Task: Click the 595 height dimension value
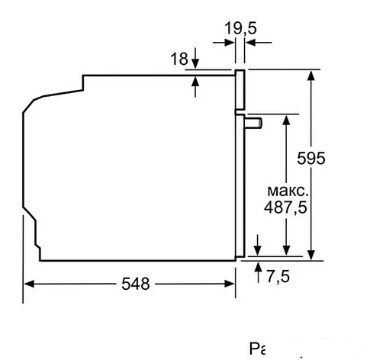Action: [x=312, y=158]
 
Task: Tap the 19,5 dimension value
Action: [x=240, y=30]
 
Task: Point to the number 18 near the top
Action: [x=179, y=59]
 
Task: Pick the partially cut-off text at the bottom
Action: [x=260, y=350]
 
